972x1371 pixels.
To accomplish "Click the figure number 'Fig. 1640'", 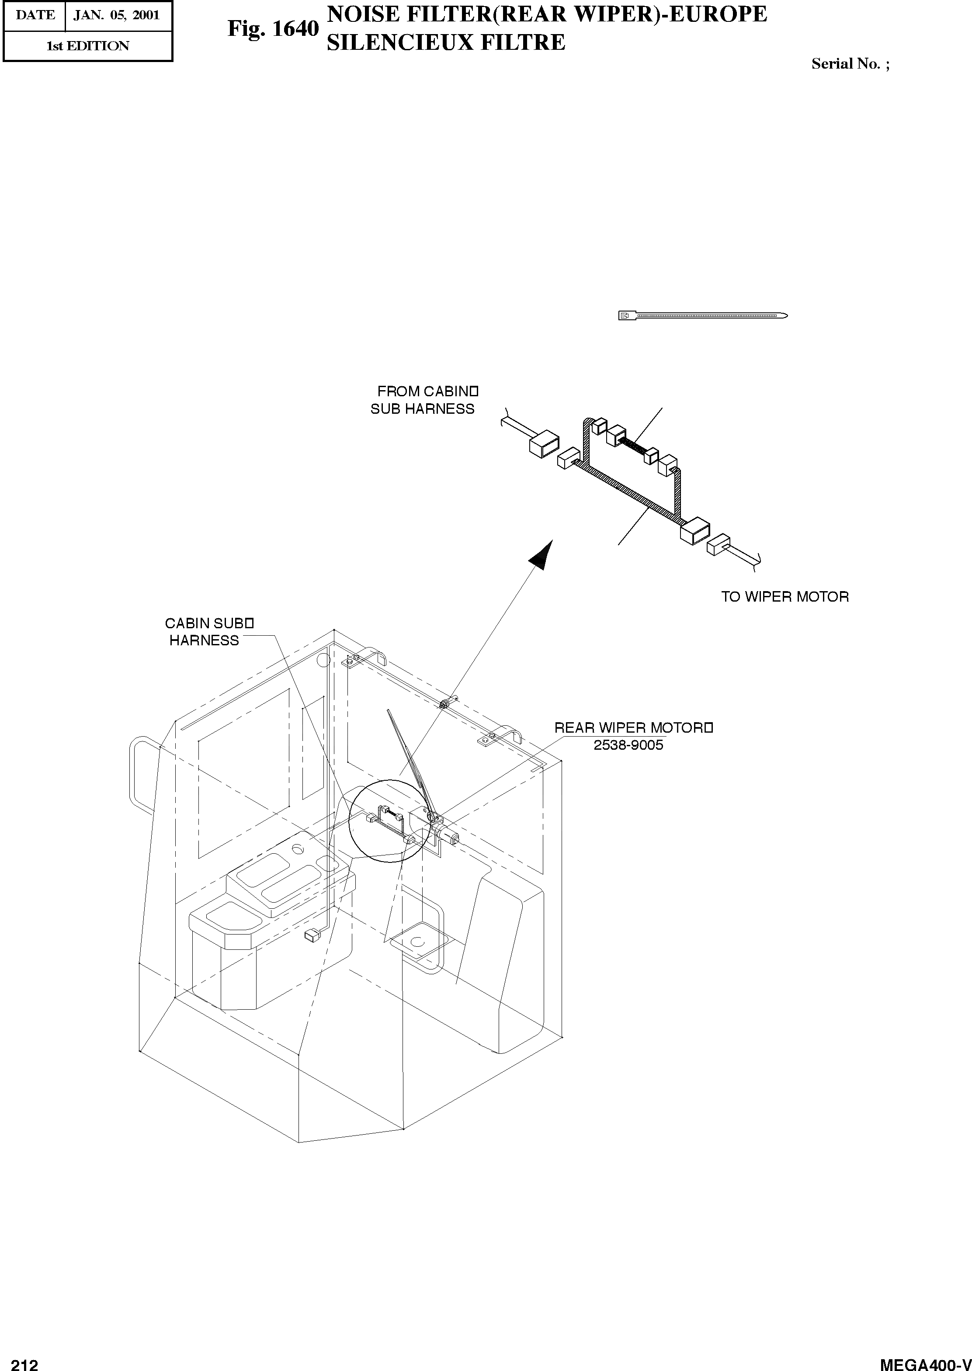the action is pyautogui.click(x=273, y=29).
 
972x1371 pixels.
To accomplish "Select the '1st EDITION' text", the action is pyautogui.click(x=87, y=46).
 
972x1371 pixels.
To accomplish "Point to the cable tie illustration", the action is pyautogui.click(x=703, y=315).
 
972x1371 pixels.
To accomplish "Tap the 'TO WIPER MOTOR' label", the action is pyautogui.click(x=785, y=596).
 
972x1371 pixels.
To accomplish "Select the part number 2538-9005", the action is pyautogui.click(x=628, y=745).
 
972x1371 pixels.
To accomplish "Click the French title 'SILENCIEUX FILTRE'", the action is pyautogui.click(x=445, y=42).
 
